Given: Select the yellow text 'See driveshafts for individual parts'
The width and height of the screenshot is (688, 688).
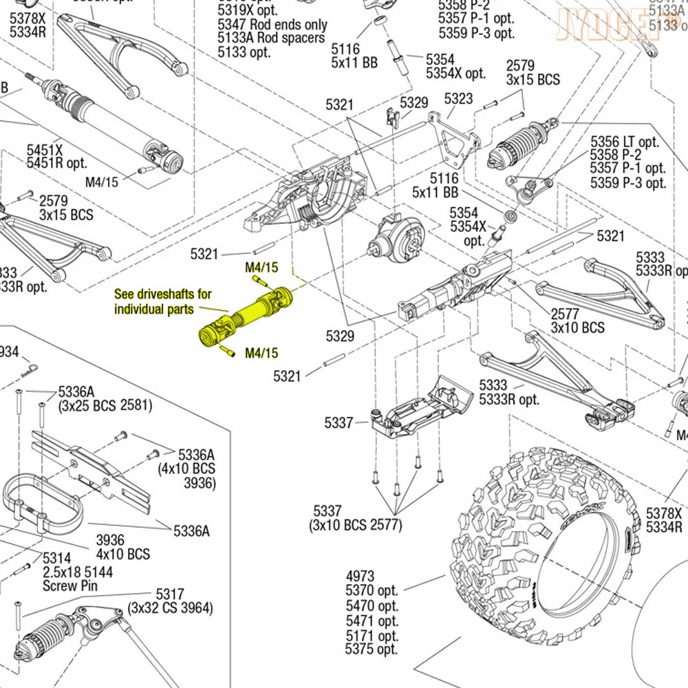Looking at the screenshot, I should (154, 301).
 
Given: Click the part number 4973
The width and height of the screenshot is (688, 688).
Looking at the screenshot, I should (360, 575).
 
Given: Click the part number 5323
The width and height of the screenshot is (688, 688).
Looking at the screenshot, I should (458, 98).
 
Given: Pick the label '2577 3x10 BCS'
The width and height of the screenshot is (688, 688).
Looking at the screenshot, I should (577, 320).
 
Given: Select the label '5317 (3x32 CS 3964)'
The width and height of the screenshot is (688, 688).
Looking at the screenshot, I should (170, 601).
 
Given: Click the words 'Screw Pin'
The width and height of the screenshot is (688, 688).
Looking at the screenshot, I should (70, 586).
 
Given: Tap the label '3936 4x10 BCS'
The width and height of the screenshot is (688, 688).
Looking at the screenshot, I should (122, 547).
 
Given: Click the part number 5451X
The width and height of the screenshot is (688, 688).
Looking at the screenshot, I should (45, 149).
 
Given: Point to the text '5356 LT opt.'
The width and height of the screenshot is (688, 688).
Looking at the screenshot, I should (625, 141).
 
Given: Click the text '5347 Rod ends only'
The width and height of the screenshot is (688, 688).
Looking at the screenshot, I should (272, 24).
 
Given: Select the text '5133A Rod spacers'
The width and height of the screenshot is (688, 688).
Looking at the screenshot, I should (270, 38).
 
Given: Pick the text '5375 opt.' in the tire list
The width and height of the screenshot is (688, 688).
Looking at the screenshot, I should (372, 649).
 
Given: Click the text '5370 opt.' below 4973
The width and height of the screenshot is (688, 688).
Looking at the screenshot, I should (372, 590).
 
